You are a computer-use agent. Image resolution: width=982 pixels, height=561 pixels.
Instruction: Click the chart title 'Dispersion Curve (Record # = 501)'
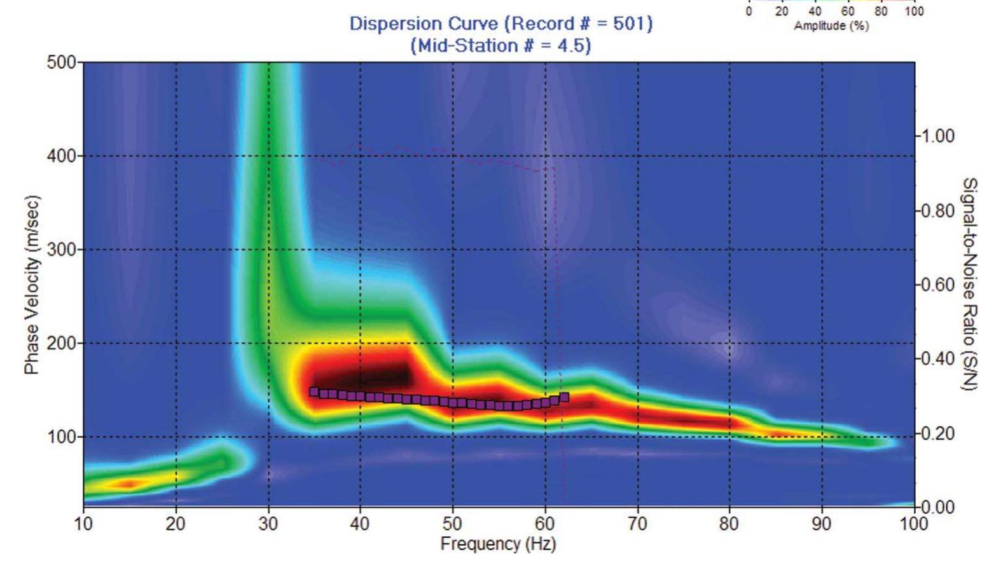coord(501,24)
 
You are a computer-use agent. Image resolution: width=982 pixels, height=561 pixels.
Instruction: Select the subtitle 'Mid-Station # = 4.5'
coord(501,46)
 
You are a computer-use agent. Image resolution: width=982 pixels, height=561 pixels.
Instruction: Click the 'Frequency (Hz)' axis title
coord(498,544)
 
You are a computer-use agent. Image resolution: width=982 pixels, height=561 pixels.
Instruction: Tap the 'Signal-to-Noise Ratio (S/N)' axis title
coord(969,284)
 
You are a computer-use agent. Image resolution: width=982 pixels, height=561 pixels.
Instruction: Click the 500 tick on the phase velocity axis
coord(61,62)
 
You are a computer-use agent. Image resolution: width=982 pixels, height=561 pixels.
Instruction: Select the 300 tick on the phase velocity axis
coord(61,250)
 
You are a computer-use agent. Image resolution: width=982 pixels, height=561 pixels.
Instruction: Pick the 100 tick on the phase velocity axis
coord(61,437)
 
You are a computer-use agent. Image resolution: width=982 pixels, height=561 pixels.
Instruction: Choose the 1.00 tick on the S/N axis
coord(938,136)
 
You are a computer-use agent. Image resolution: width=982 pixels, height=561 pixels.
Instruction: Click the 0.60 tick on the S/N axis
coord(938,285)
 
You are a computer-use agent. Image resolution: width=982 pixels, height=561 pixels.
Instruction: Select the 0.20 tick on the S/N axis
coord(938,433)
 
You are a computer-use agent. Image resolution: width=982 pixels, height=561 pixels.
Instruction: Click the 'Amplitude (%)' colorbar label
coord(831,25)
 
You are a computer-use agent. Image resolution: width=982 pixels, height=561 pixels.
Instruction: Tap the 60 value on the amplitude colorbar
coord(848,11)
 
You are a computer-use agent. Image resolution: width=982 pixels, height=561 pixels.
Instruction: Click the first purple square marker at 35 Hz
coord(314,392)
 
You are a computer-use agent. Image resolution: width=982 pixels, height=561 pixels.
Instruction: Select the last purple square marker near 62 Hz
coord(564,397)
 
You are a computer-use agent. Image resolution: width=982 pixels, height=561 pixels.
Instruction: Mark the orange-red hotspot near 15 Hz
coord(128,484)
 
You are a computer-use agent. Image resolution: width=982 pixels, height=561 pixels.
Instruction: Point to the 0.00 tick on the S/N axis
coord(938,507)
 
